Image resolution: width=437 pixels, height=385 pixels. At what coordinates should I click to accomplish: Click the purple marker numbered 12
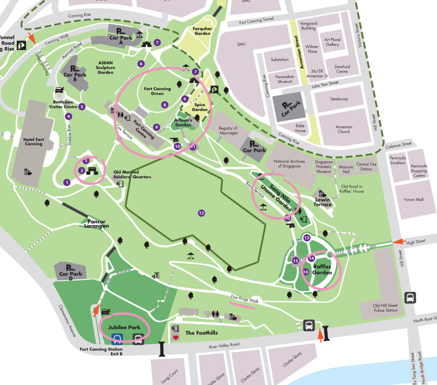pyautogui.click(x=201, y=213)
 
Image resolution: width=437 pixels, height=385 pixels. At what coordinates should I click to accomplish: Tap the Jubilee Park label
pyautogui.click(x=124, y=327)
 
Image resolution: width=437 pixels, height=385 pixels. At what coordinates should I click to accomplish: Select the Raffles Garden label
pyautogui.click(x=322, y=269)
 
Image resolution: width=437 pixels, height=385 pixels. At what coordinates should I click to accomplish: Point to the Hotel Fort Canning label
pyautogui.click(x=33, y=141)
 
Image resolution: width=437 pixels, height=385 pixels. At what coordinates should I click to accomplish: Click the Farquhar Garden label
pyautogui.click(x=202, y=31)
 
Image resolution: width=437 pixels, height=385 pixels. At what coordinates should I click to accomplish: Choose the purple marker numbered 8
pyautogui.click(x=164, y=104)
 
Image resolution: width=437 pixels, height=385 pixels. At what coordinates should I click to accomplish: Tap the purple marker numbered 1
pyautogui.click(x=67, y=182)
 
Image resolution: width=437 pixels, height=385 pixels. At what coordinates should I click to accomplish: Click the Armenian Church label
pyautogui.click(x=343, y=129)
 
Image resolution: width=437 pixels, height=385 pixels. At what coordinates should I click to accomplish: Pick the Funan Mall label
pyautogui.click(x=414, y=199)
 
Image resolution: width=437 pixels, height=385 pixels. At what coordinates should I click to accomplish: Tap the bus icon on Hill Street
pyautogui.click(x=410, y=298)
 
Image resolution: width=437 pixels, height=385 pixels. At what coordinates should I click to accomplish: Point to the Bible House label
pyautogui.click(x=300, y=128)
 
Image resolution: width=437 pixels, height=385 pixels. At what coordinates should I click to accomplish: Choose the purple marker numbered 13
pyautogui.click(x=307, y=237)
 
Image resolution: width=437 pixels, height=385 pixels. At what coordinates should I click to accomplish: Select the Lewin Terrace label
pyautogui.click(x=323, y=202)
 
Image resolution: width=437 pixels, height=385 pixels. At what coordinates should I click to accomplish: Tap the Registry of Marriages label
pyautogui.click(x=228, y=130)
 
